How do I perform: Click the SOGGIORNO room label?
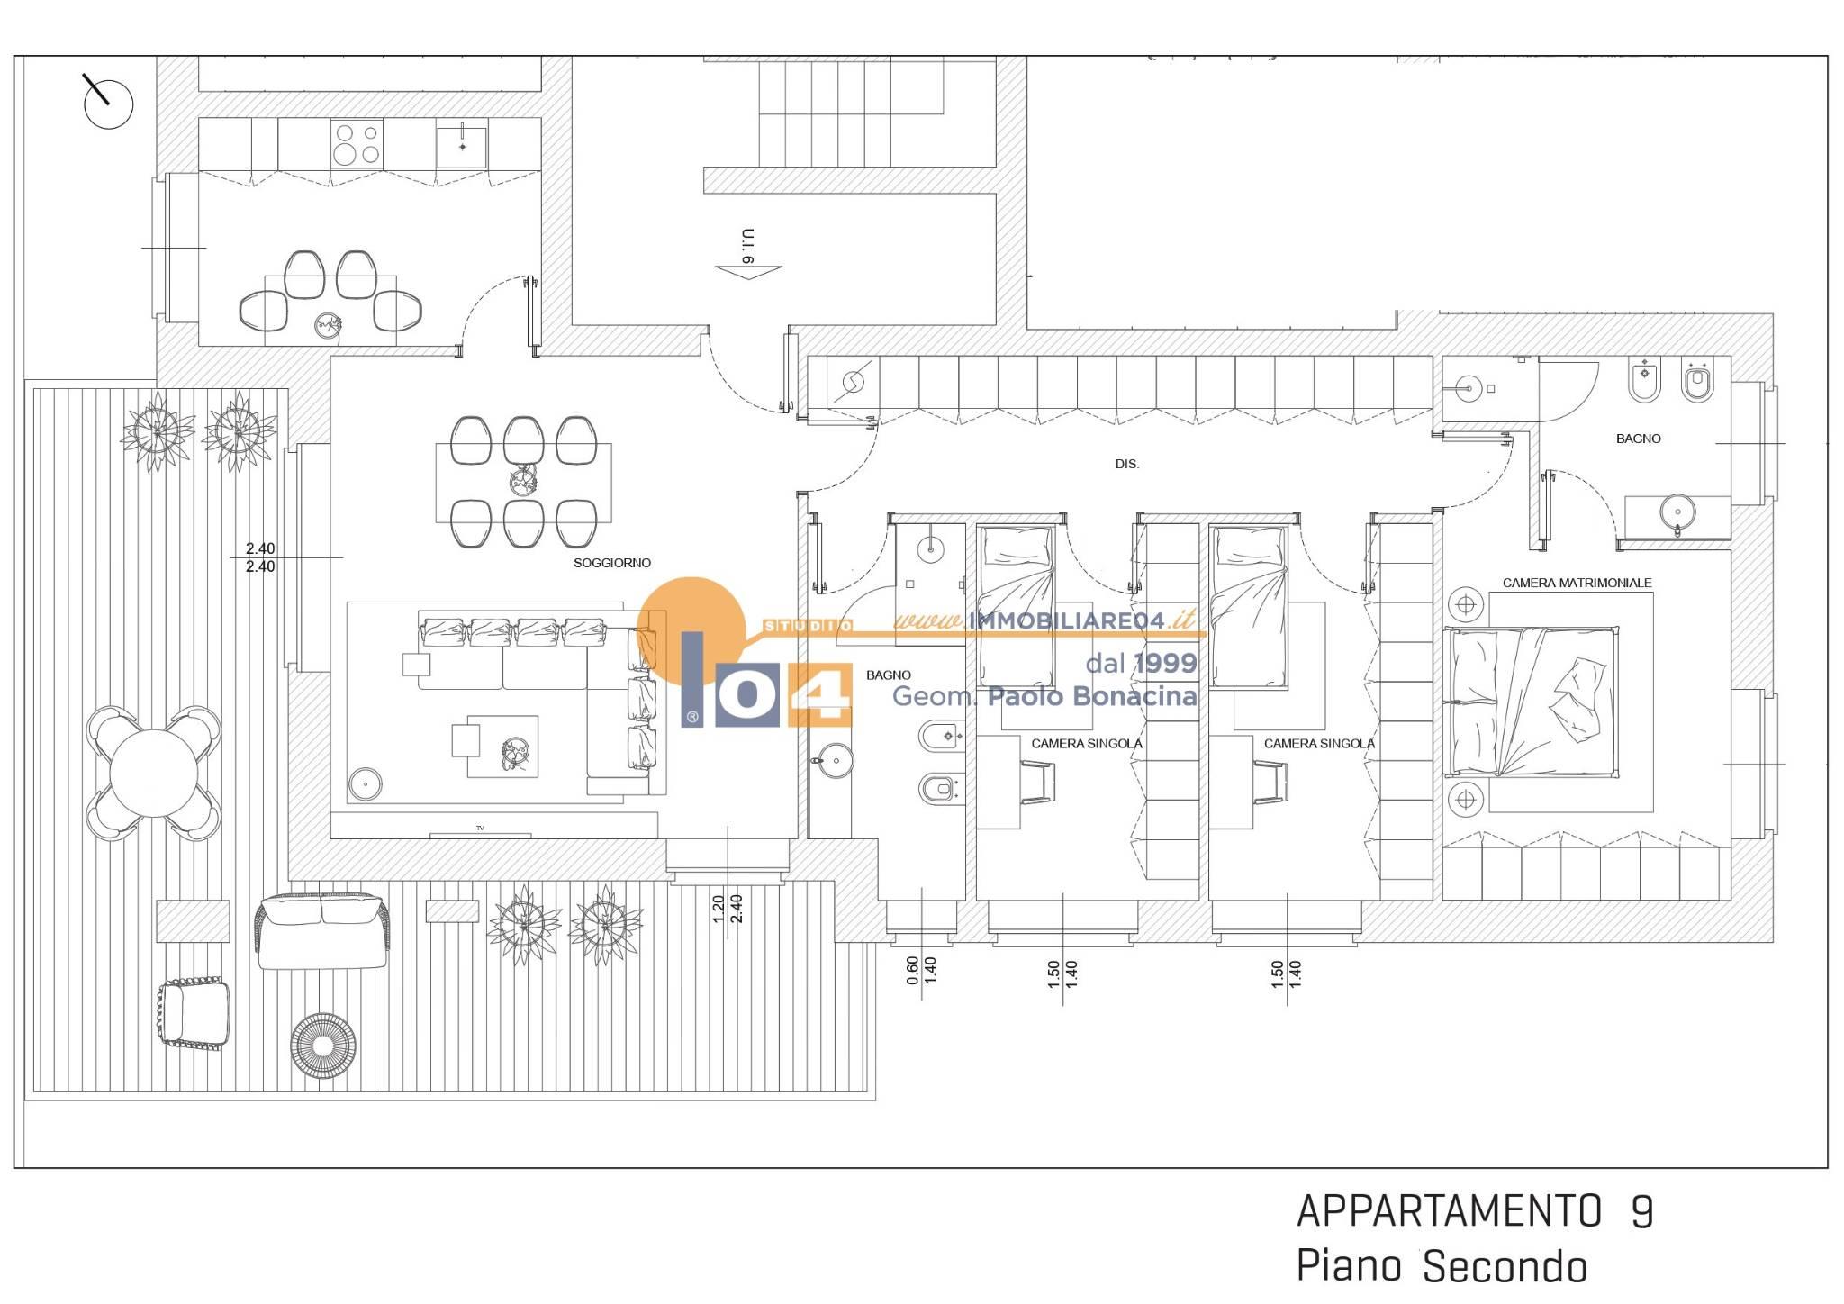pos(612,563)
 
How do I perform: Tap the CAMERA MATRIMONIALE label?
pos(1577,583)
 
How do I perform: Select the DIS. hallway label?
pos(1126,465)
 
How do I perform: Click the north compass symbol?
pos(107,103)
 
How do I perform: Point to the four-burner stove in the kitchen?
pos(357,144)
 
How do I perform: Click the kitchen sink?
pos(462,144)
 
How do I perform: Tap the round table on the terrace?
pos(154,774)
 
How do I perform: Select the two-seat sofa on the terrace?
pos(321,932)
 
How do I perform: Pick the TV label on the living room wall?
pos(480,828)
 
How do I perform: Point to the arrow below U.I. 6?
pos(748,270)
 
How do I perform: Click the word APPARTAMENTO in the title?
pos(1449,1212)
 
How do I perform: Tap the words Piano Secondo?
pos(1441,1267)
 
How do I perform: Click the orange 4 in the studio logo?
pos(820,695)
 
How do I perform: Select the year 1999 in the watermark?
pos(1166,664)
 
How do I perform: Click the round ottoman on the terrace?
pos(323,1046)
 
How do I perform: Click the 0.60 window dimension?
pos(913,970)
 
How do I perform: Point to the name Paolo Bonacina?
pos(1092,696)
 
